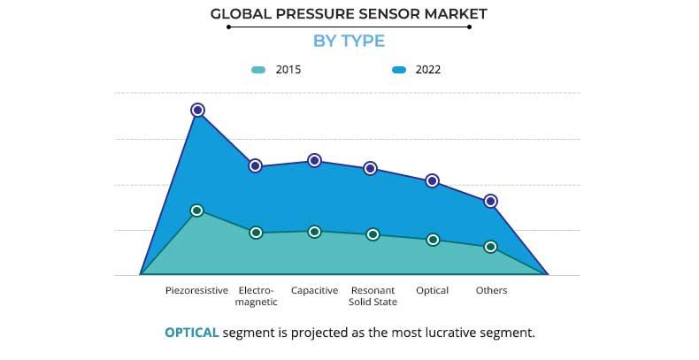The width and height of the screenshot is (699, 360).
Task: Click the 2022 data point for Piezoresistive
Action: click(197, 110)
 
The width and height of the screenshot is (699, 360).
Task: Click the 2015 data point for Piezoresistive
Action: click(197, 211)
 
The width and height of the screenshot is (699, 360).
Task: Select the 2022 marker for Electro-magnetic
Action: click(256, 165)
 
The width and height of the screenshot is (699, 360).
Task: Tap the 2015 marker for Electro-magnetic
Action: click(256, 233)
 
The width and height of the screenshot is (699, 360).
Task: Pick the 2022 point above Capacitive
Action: click(314, 160)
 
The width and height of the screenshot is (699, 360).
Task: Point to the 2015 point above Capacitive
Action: click(314, 231)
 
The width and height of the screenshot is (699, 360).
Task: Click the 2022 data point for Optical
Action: click(433, 180)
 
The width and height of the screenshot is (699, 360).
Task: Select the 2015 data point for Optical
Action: click(433, 240)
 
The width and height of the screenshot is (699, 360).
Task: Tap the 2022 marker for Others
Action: click(491, 202)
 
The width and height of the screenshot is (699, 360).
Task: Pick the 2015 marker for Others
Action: click(491, 247)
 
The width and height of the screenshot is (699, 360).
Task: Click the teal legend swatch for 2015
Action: click(258, 69)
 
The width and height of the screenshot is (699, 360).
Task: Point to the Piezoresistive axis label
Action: click(197, 290)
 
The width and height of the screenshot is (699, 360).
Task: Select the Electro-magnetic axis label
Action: click(256, 295)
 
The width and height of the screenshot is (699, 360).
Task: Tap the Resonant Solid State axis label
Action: click(373, 295)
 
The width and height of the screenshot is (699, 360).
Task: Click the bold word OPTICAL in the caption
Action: click(191, 333)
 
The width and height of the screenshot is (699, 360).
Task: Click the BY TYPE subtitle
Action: click(349, 41)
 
